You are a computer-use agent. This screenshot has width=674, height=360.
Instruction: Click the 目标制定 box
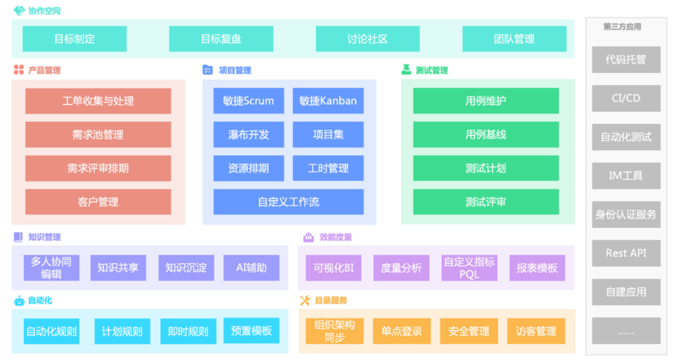pyautogui.click(x=74, y=39)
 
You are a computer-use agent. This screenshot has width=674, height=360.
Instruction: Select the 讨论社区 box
pyautogui.click(x=367, y=39)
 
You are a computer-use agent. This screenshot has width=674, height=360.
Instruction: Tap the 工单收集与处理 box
pyautogui.click(x=98, y=101)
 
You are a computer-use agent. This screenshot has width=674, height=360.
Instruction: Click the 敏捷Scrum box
pyautogui.click(x=249, y=101)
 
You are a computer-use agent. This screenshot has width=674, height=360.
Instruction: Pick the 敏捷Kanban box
pyautogui.click(x=328, y=101)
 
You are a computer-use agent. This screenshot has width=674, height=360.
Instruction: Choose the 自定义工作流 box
pyautogui.click(x=288, y=201)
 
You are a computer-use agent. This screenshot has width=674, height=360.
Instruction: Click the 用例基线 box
pyautogui.click(x=486, y=134)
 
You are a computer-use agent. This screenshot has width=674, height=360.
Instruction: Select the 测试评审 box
pyautogui.click(x=486, y=201)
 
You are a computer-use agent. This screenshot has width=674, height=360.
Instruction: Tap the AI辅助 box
pyautogui.click(x=251, y=268)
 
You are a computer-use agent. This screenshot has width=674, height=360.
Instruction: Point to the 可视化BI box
pyautogui.click(x=334, y=268)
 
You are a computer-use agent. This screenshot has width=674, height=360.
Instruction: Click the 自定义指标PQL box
pyautogui.click(x=469, y=268)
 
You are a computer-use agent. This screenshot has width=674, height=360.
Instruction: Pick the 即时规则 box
pyautogui.click(x=188, y=331)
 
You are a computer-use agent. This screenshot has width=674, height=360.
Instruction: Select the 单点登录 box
pyautogui.click(x=402, y=331)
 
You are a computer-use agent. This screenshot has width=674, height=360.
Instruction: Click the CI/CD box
pyautogui.click(x=625, y=98)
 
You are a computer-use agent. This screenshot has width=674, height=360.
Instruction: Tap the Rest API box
pyautogui.click(x=625, y=253)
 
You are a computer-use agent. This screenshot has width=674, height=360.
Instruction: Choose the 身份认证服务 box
pyautogui.click(x=625, y=215)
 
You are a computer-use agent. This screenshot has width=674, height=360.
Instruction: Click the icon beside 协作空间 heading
pyautogui.click(x=19, y=11)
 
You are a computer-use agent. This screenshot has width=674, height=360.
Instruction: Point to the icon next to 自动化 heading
pyautogui.click(x=18, y=301)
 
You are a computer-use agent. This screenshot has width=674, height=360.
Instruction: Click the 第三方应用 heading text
pyautogui.click(x=622, y=27)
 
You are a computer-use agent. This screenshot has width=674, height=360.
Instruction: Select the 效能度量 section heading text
pyautogui.click(x=336, y=237)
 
